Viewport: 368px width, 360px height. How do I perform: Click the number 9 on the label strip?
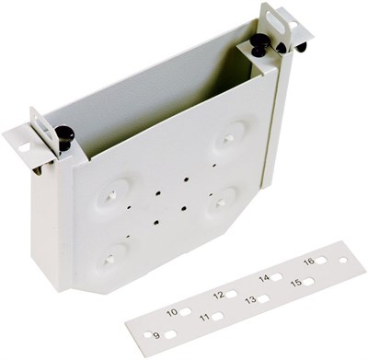156,335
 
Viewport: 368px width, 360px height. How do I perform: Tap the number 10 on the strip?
172,312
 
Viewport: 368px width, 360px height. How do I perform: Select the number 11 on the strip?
204,318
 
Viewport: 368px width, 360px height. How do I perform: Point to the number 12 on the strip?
219,296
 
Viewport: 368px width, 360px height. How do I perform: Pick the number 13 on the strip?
251,300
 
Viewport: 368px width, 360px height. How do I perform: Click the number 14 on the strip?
264,278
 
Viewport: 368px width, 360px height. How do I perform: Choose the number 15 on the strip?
296,283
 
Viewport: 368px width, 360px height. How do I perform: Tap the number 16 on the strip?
309,261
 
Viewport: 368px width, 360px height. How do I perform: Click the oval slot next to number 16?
321,261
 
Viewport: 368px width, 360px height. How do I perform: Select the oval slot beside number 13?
264,298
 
